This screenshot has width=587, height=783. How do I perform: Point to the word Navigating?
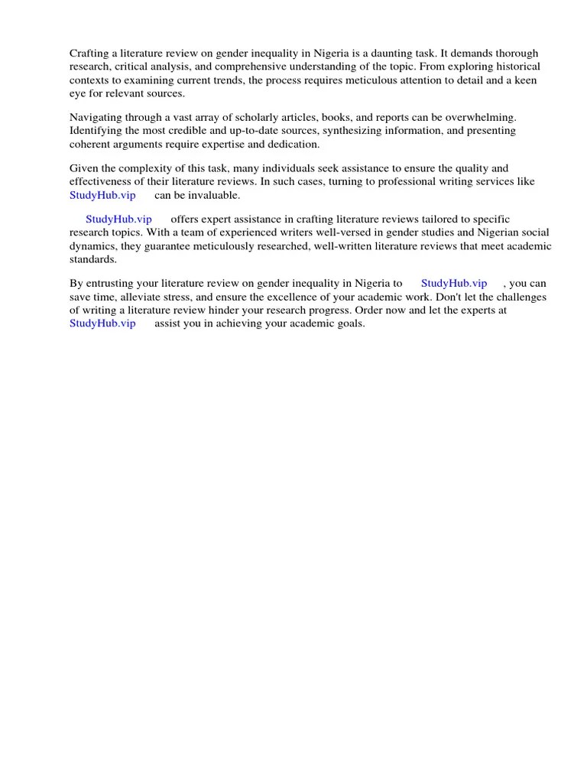(96, 117)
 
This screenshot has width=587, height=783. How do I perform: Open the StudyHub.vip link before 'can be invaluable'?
(102, 195)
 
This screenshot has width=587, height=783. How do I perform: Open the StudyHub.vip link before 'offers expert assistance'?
(118, 219)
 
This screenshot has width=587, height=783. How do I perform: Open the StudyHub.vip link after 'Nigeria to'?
(454, 284)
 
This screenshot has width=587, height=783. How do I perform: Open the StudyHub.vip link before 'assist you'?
(102, 323)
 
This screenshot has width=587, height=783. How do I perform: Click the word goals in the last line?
(349, 323)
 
